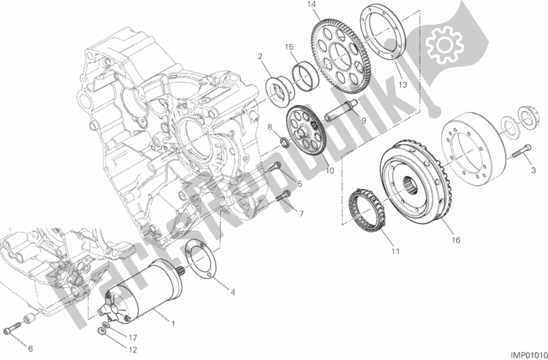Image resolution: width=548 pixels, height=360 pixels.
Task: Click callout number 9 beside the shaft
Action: pyautogui.click(x=364, y=123)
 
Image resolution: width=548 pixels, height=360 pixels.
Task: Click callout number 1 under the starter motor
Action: pyautogui.click(x=173, y=322)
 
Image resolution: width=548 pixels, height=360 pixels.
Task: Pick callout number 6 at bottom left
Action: pyautogui.click(x=29, y=348)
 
